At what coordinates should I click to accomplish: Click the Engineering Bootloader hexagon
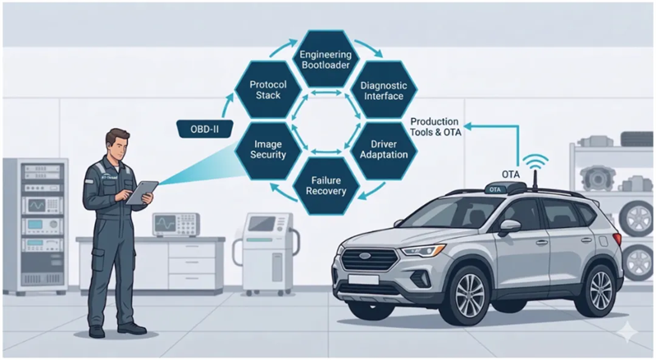click(326, 59)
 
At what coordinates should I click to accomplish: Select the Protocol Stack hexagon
click(268, 89)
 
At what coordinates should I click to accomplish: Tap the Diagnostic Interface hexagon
click(384, 90)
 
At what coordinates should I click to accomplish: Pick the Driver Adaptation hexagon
click(384, 149)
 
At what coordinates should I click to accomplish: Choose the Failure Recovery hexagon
click(326, 186)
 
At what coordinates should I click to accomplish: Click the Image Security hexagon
click(268, 149)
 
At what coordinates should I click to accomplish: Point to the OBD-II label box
click(204, 129)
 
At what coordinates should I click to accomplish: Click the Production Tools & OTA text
click(435, 127)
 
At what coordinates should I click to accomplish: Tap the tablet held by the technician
click(142, 192)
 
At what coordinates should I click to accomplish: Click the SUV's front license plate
click(362, 280)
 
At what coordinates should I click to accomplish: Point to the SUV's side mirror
click(509, 227)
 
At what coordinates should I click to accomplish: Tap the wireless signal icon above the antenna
click(536, 162)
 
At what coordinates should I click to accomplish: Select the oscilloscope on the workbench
click(175, 225)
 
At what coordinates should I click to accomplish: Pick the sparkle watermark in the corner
click(626, 332)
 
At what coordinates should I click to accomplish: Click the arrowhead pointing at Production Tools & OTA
click(467, 126)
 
